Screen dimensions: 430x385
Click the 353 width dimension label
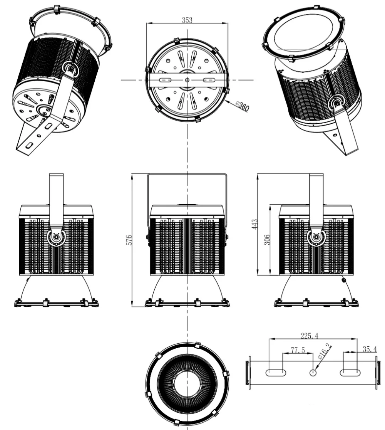coord(187,20)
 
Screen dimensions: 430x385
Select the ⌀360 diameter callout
coord(242,106)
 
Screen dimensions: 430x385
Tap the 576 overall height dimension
coord(129,240)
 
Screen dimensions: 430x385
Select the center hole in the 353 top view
coord(187,80)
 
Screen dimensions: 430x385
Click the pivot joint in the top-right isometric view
coord(338,103)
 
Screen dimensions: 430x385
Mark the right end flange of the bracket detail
coord(377,373)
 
